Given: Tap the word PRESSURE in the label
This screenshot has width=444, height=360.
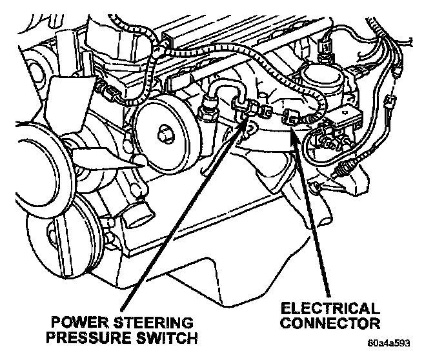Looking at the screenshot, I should (x=92, y=338).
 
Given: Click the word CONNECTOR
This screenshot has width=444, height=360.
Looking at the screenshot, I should (x=330, y=322).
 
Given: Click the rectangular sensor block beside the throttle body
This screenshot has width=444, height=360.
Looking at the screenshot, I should (x=343, y=119).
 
